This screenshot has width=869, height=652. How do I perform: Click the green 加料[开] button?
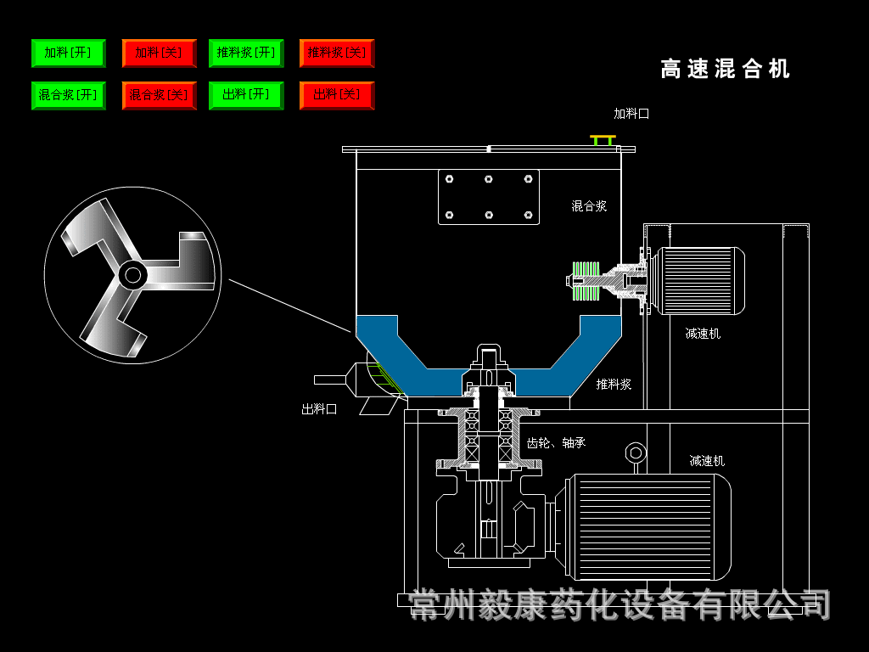(x=69, y=53)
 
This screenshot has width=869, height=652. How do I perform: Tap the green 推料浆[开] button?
(x=246, y=53)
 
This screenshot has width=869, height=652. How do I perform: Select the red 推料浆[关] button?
(x=337, y=53)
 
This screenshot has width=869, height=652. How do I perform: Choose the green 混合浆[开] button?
(x=69, y=95)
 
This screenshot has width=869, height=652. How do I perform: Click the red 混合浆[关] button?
(x=160, y=95)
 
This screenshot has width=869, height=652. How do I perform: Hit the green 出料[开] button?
(x=246, y=95)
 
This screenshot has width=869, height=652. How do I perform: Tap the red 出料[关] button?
(x=337, y=95)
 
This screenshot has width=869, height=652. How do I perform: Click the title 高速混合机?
(x=725, y=70)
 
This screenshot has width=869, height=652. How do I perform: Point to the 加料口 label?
(x=631, y=114)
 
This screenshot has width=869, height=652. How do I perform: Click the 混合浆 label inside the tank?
(x=589, y=206)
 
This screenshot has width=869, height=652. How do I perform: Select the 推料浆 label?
(x=614, y=385)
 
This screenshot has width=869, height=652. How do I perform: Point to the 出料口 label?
(x=319, y=409)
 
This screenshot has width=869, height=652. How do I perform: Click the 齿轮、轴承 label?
(x=556, y=443)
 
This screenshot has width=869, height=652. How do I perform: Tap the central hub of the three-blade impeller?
(x=133, y=274)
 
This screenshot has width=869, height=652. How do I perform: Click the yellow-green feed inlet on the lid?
(x=603, y=140)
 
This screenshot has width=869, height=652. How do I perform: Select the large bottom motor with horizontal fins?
(x=648, y=526)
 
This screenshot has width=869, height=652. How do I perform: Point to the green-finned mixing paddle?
(x=586, y=281)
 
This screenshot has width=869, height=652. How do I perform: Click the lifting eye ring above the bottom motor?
(x=636, y=454)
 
